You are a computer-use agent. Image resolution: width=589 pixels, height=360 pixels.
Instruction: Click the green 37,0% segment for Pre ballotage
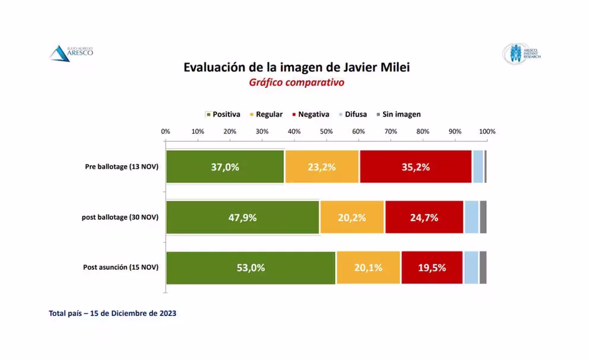(x=225, y=167)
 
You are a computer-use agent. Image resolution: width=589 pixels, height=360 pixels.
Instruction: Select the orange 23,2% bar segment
(x=322, y=167)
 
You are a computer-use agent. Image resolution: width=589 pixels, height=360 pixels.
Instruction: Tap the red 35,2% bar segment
(x=415, y=167)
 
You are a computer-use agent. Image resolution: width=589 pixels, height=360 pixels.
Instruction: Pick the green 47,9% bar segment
(x=242, y=217)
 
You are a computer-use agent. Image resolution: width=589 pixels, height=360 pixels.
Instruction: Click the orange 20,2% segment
(x=352, y=217)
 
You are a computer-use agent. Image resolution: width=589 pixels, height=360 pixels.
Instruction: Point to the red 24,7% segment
(x=424, y=217)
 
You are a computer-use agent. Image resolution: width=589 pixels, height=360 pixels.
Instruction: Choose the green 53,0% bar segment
(x=251, y=268)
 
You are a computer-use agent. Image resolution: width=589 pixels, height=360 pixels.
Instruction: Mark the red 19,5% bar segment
(x=432, y=268)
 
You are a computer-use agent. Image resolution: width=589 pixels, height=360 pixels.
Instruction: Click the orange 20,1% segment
(x=368, y=268)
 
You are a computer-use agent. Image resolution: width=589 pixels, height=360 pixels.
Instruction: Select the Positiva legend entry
(x=223, y=114)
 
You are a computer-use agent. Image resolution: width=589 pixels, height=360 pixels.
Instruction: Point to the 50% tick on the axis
(x=327, y=131)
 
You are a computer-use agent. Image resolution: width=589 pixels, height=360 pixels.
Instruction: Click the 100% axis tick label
(x=487, y=131)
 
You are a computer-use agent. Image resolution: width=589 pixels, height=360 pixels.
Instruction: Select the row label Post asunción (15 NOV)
(x=121, y=268)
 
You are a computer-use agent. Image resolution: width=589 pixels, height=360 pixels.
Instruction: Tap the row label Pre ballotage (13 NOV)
(x=121, y=167)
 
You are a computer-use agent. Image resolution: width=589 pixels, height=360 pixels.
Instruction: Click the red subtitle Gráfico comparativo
(x=296, y=83)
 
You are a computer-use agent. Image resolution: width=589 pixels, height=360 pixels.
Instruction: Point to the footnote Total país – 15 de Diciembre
(x=112, y=313)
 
